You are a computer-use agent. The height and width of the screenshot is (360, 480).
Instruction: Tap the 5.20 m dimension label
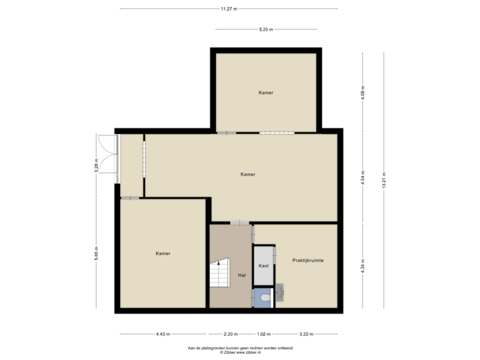(x=266, y=29)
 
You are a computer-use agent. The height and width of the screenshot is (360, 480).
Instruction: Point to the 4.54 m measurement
(x=363, y=178)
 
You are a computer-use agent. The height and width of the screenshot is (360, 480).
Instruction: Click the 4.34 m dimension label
(x=363, y=265)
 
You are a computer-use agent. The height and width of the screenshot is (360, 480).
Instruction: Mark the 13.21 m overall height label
(x=384, y=180)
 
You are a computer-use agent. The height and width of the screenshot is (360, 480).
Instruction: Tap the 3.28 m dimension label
(x=96, y=164)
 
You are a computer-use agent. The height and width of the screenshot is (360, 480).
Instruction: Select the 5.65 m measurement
(x=96, y=255)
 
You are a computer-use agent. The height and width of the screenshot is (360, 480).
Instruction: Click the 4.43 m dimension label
(x=163, y=333)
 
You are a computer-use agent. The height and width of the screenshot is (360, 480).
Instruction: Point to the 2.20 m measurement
(x=231, y=333)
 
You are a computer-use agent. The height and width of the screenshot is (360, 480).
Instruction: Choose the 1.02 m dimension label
(x=265, y=333)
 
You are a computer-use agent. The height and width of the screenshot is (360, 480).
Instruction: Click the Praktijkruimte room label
(x=308, y=261)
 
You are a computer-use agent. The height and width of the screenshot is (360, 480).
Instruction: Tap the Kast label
(x=263, y=265)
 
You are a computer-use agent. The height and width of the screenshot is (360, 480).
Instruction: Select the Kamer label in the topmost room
(x=266, y=93)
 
